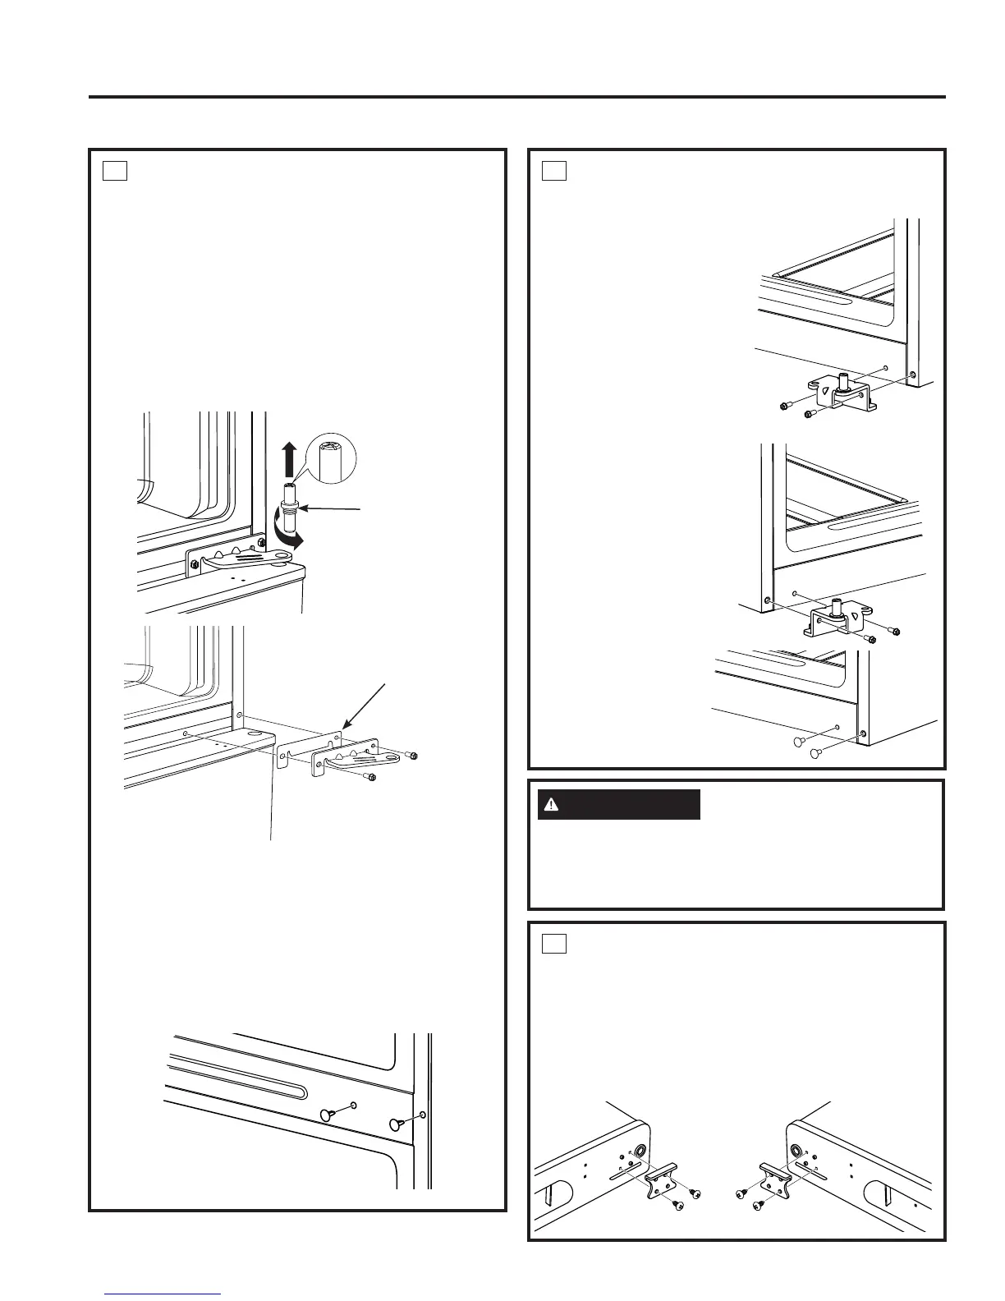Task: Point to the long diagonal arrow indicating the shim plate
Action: (368, 698)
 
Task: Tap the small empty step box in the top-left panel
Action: (114, 170)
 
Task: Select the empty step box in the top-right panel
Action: (553, 170)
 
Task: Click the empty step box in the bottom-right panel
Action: (553, 944)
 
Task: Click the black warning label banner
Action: (618, 805)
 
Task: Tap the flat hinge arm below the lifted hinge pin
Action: (246, 560)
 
